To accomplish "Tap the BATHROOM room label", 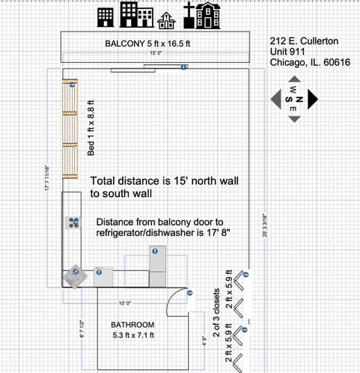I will click(x=132, y=325).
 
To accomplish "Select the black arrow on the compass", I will click(x=312, y=99).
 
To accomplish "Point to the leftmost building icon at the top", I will click(x=104, y=16).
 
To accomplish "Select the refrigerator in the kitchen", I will click(x=159, y=261).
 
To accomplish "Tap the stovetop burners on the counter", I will click(x=74, y=222).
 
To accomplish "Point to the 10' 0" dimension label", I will click(x=124, y=303).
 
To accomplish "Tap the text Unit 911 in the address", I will click(x=287, y=52).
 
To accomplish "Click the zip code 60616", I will click(x=334, y=63).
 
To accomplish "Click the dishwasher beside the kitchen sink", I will click(x=103, y=274).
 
